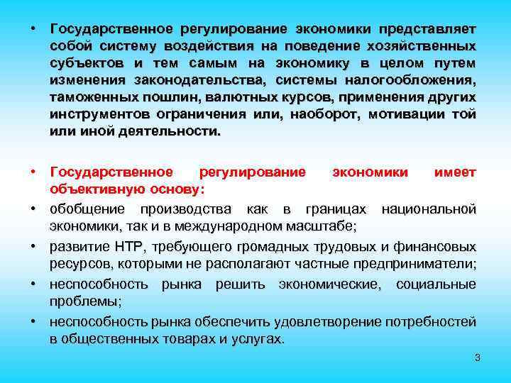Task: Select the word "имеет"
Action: pos(454,173)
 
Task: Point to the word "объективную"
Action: pos(89,190)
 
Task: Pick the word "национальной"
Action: pos(429,209)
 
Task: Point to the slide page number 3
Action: pos(478,357)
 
